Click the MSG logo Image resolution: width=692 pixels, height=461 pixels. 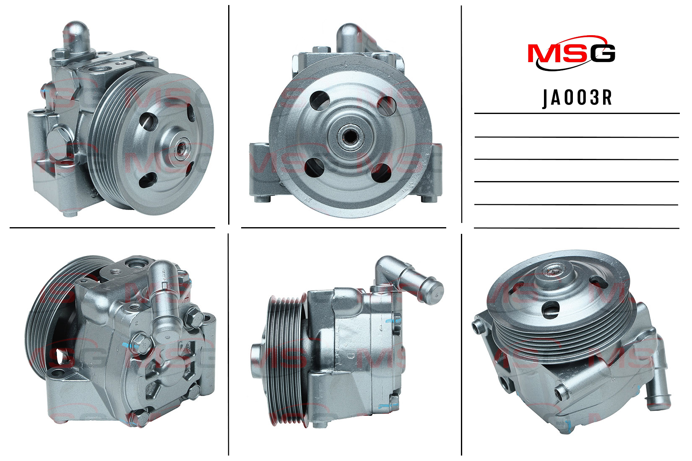coord(572,53)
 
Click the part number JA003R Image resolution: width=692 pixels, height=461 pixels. coord(578,98)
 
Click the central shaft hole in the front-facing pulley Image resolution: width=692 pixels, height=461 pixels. coord(350,137)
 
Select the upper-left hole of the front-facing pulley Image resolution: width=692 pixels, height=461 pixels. coord(320,101)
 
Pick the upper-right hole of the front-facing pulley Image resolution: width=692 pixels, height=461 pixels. coord(386,106)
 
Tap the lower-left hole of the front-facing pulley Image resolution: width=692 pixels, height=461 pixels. coord(314,168)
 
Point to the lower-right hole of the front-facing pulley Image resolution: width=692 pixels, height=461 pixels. coord(382,173)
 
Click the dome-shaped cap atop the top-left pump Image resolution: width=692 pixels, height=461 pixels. coord(76,35)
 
